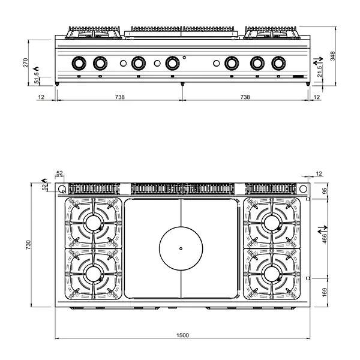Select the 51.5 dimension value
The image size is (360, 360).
pyautogui.click(x=37, y=79)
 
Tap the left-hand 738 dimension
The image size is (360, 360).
pyautogui.click(x=119, y=97)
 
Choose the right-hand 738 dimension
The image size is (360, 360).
pyautogui.click(x=245, y=97)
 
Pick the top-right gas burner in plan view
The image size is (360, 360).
pyautogui.click(x=273, y=223)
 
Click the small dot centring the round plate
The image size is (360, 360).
pyautogui.click(x=181, y=247)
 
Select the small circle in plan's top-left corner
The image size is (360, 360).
pyautogui.click(x=62, y=190)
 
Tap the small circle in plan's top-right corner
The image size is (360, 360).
pyautogui.click(x=303, y=190)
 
